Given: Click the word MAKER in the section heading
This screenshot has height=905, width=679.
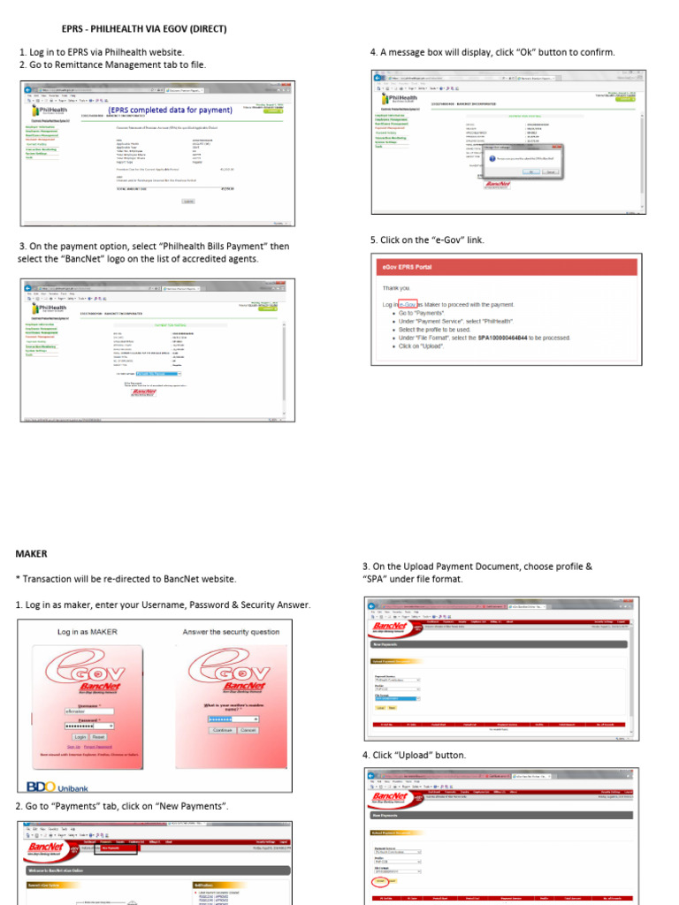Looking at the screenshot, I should (x=31, y=553).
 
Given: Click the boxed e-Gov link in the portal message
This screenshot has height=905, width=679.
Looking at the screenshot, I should (x=408, y=304).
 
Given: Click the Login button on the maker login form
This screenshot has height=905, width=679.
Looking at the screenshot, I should (x=80, y=735).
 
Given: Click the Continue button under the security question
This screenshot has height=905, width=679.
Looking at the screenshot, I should (x=222, y=730).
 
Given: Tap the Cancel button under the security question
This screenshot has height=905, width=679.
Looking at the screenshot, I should (x=248, y=730).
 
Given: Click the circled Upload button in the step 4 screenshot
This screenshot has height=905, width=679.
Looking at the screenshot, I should (x=381, y=880).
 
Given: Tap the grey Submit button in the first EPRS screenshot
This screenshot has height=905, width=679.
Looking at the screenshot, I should (x=188, y=202).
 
